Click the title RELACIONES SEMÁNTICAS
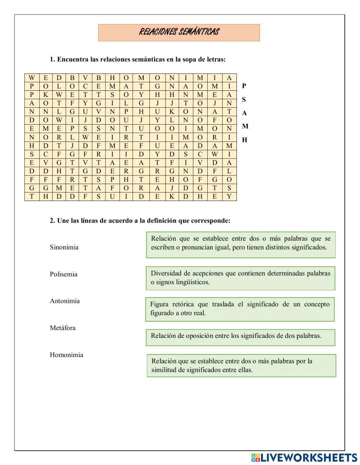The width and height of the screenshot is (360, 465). [179, 32]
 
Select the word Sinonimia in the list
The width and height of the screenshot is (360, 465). [64, 247]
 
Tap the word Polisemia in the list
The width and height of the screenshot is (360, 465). [63, 274]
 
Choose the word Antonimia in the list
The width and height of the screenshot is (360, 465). [65, 301]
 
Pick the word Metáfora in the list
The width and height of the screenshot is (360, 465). [63, 328]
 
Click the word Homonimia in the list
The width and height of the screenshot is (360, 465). [66, 355]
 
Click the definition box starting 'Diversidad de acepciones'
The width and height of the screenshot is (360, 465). [240, 278]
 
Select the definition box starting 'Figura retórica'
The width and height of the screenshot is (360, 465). [240, 309]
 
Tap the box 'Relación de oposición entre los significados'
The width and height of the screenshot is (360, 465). [240, 337]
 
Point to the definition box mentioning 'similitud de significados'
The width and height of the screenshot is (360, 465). [241, 366]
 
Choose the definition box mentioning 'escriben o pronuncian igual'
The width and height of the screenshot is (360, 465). [240, 245]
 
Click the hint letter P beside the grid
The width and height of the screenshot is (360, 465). [244, 86]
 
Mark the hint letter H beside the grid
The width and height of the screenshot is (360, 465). [244, 140]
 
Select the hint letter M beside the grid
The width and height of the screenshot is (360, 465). [245, 126]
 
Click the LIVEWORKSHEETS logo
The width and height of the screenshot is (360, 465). [304, 457]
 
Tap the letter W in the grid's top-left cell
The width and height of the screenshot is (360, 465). [32, 78]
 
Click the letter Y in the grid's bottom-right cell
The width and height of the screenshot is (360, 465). [229, 197]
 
